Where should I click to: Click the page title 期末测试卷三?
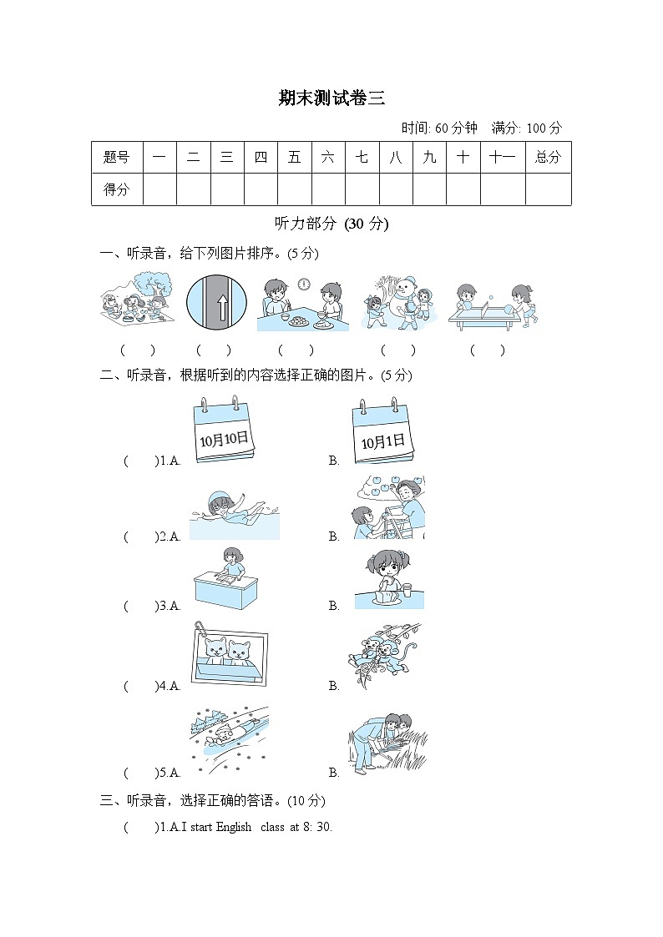331,98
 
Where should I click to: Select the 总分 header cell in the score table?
548,157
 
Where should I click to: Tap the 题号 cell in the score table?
117,157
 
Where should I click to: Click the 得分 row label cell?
117,189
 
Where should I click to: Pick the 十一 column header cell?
502,157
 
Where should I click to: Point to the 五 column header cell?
294,157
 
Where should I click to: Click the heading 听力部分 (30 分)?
331,224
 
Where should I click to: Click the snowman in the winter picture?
405,295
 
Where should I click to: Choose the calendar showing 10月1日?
383,434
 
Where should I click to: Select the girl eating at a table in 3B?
388,577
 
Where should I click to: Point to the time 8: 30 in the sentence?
318,827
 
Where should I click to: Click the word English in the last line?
234,827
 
